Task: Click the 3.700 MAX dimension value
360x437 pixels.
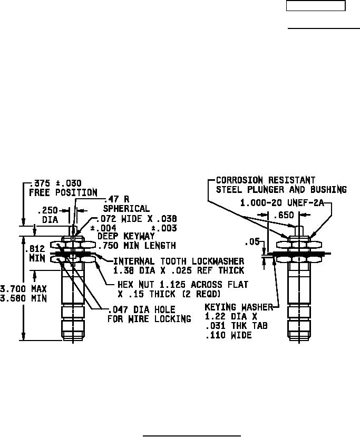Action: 24,289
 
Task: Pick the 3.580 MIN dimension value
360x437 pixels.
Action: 24,298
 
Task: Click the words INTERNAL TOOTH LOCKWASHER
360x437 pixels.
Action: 179,261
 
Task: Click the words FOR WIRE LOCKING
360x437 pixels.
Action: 149,319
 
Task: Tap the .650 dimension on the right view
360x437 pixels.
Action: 284,215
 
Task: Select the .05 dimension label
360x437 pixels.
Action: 252,242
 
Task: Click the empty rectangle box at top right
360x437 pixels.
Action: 316,6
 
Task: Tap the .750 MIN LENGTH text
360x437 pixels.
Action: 137,246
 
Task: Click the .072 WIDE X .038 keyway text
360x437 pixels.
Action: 137,218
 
